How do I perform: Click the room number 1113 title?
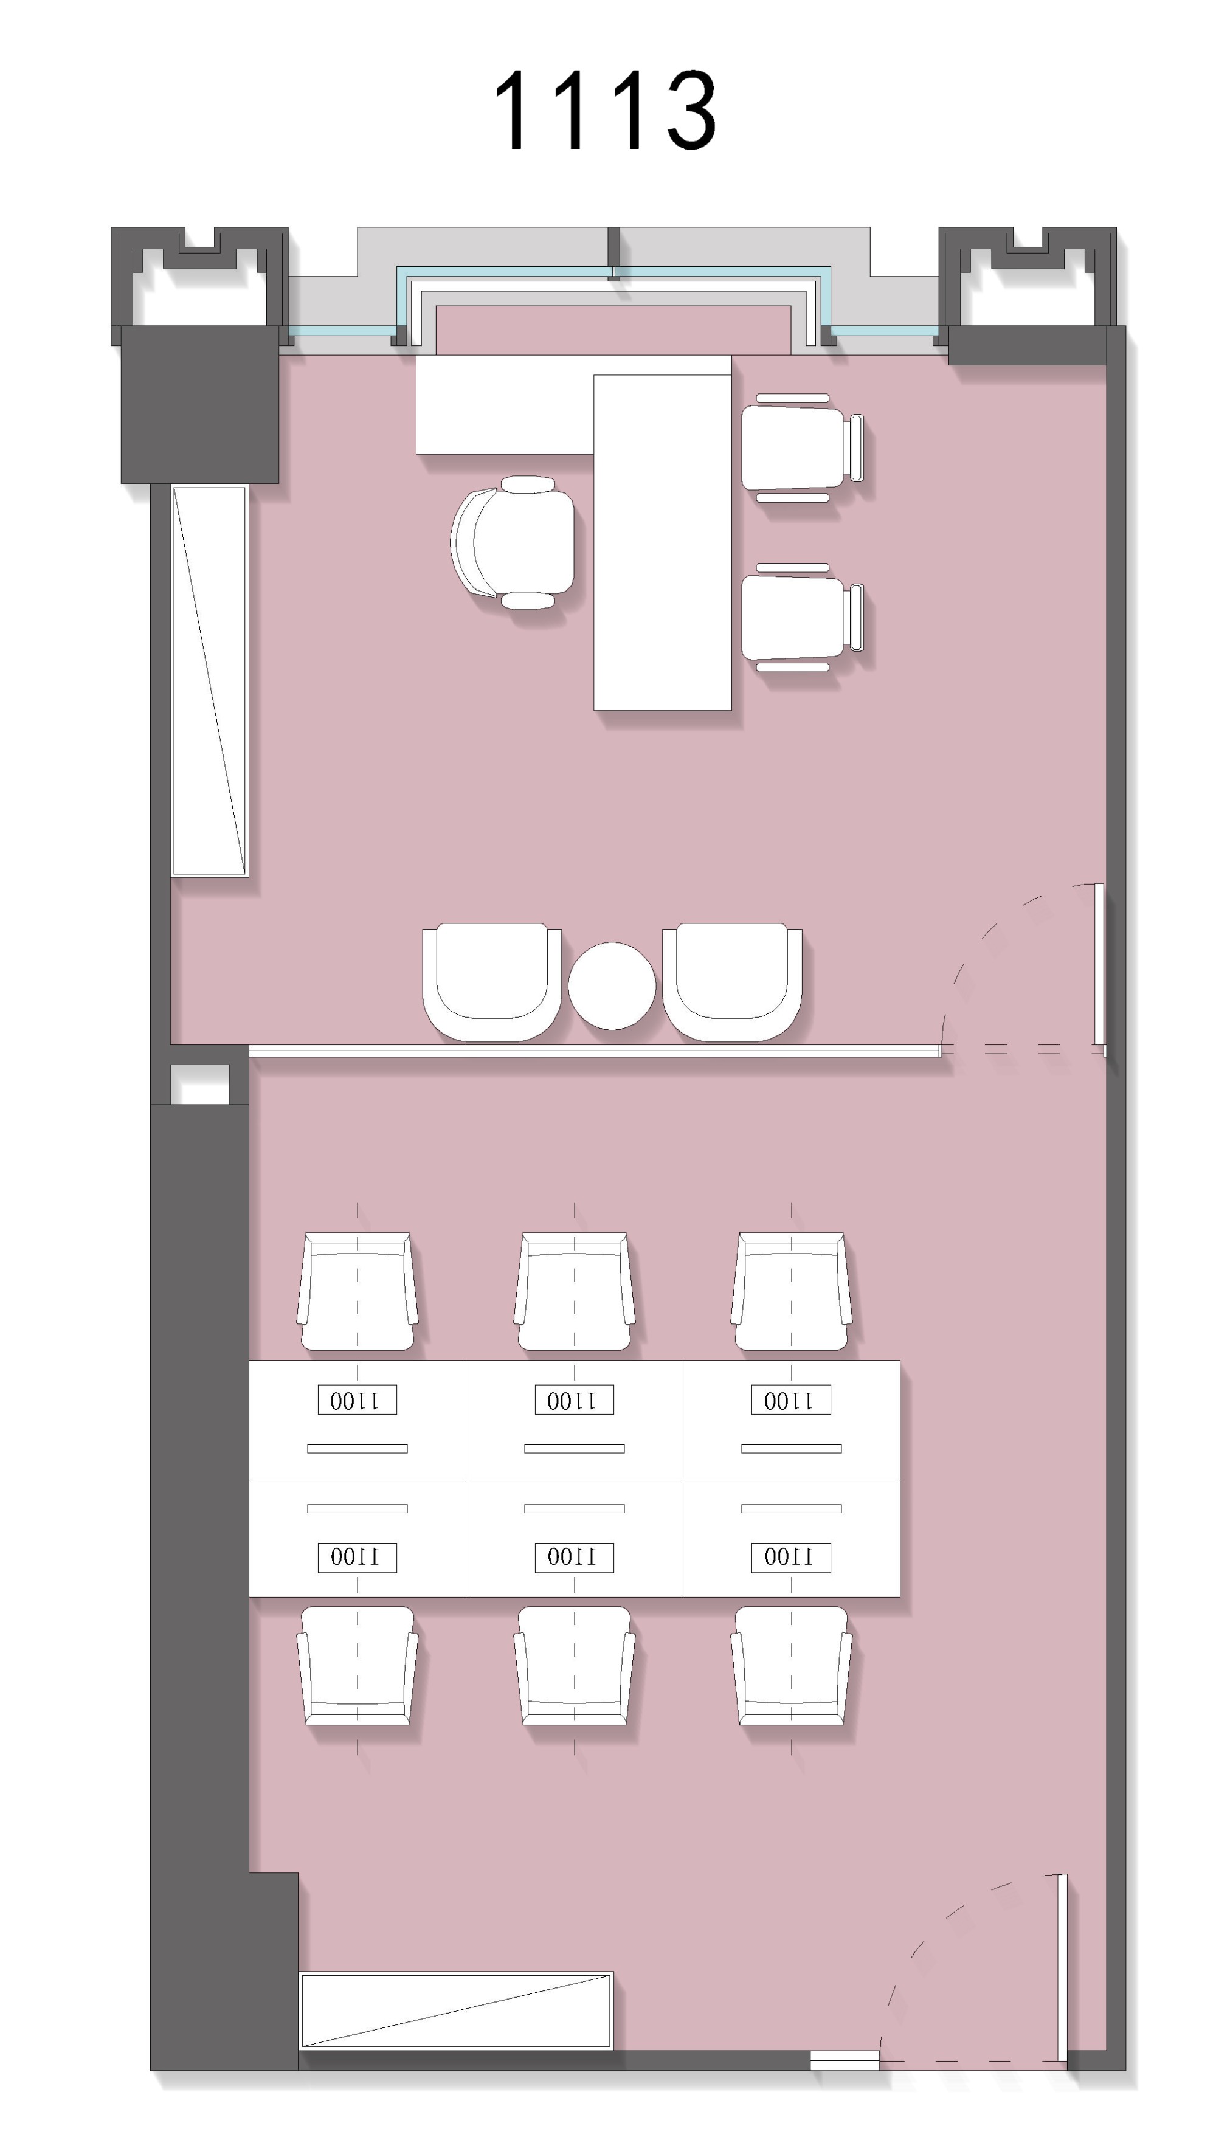point(606,110)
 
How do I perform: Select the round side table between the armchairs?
point(612,985)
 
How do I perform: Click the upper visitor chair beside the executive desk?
point(803,447)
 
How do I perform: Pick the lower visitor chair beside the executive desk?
point(803,618)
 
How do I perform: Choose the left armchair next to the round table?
point(492,982)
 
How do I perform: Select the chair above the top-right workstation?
point(791,1291)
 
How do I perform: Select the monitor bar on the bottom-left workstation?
point(357,1508)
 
